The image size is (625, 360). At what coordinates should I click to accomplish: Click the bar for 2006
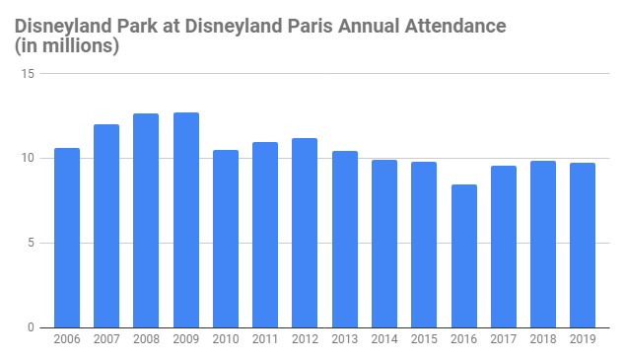click(67, 238)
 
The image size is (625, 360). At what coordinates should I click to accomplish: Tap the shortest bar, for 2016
click(463, 255)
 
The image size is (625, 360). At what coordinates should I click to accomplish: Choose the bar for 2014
click(384, 244)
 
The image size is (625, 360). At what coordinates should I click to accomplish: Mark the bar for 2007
click(106, 226)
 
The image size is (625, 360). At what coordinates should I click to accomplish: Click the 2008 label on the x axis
click(146, 340)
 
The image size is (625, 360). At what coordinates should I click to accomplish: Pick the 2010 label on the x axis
click(226, 340)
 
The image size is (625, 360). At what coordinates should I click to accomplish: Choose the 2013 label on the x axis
click(344, 340)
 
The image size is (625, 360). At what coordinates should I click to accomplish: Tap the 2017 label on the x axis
click(503, 340)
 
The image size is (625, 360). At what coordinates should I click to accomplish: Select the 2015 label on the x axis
click(424, 340)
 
